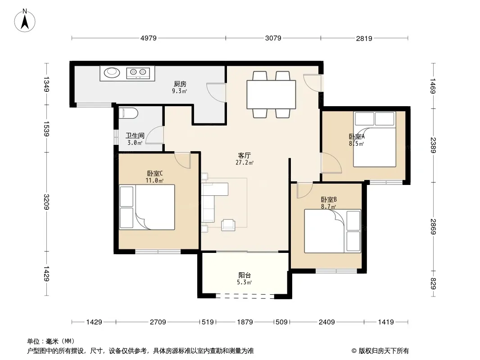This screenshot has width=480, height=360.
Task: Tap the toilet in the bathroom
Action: (x=128, y=113)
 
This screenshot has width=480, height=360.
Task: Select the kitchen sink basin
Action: (x=111, y=72)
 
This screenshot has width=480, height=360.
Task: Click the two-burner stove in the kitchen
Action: (x=138, y=73)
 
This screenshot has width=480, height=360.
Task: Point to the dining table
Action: (x=271, y=94)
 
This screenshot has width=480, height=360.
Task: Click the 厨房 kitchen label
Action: (x=180, y=84)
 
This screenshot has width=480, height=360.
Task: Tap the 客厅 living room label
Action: (x=245, y=156)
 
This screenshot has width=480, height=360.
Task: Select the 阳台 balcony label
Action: (x=245, y=275)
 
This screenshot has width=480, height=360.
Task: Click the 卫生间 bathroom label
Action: (x=135, y=135)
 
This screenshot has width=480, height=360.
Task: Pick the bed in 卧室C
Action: (x=147, y=207)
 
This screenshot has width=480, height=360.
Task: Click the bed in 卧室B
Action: (x=332, y=231)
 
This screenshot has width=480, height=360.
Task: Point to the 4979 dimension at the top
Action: (x=149, y=38)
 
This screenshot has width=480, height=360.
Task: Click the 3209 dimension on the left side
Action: (x=46, y=202)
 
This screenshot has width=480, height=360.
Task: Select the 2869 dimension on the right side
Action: (x=433, y=227)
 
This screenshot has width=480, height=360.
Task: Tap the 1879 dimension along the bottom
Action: (x=245, y=322)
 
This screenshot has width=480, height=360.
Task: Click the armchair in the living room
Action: (x=228, y=225)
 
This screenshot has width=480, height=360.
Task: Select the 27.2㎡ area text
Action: (x=245, y=163)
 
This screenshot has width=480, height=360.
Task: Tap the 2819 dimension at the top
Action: (x=364, y=38)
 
